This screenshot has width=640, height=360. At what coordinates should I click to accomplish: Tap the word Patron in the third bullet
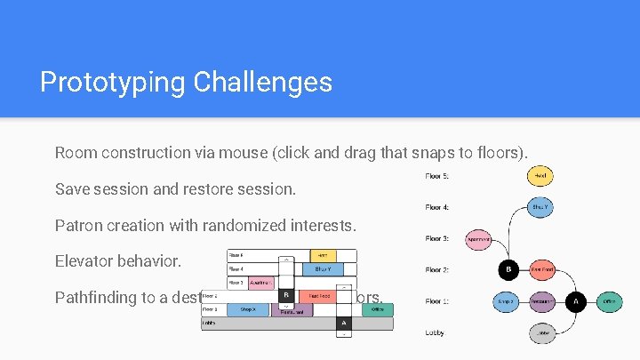pyautogui.click(x=78, y=226)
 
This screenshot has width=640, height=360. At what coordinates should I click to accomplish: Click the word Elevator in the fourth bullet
pyautogui.click(x=84, y=262)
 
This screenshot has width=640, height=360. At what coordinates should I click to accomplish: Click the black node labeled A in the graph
pyautogui.click(x=576, y=302)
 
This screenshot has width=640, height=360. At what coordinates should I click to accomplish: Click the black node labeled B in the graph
pyautogui.click(x=509, y=269)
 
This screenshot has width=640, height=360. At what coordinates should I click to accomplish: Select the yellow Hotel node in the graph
pyautogui.click(x=540, y=176)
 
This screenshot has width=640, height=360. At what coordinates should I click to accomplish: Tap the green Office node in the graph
pyautogui.click(x=609, y=302)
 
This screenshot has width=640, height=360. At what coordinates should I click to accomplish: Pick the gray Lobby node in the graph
pyautogui.click(x=542, y=333)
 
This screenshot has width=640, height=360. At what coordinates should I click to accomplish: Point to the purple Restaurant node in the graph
pyautogui.click(x=542, y=302)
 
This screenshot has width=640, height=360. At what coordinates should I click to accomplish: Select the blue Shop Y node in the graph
pyautogui.click(x=540, y=207)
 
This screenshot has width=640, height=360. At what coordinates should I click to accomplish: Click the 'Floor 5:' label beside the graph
pyautogui.click(x=436, y=176)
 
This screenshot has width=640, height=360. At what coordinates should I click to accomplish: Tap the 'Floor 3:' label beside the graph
pyautogui.click(x=436, y=238)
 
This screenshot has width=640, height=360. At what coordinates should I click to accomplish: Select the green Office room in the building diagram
pyautogui.click(x=378, y=309)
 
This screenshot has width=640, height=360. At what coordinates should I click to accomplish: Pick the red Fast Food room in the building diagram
pyautogui.click(x=318, y=295)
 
